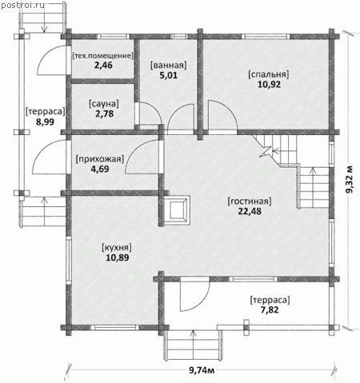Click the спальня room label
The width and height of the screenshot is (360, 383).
coord(269,74)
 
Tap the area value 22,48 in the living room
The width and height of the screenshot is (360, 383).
coord(250,211)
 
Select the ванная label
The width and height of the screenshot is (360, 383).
coord(169,66)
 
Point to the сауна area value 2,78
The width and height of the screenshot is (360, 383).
coord(105,114)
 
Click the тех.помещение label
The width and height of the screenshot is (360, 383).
coord(102,56)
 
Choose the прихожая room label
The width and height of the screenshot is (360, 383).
coord(100,159)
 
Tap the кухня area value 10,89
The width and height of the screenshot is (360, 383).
coord(118,257)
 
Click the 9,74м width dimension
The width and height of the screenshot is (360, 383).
coord(202,370)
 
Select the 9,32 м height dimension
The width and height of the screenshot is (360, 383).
coord(350,179)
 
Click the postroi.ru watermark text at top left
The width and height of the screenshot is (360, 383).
coord(22,6)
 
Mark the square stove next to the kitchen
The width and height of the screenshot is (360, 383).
coord(177,209)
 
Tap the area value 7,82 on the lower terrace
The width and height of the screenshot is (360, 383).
coord(270,310)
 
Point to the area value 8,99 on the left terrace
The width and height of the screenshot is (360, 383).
coord(45,122)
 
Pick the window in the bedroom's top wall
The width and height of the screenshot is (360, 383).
coord(267,37)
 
